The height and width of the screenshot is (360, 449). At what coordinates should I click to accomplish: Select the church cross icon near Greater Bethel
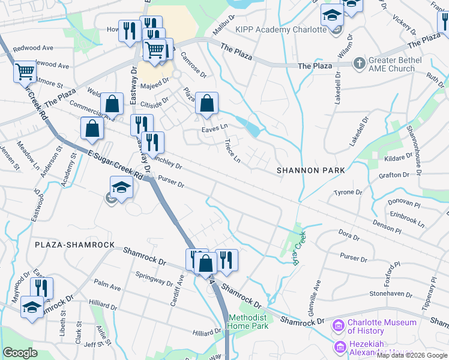359,62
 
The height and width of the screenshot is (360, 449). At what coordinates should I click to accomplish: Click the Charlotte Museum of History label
382,326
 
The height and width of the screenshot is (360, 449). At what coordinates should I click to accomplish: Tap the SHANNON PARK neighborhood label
311,170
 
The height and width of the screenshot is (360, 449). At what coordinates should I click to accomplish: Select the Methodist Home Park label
247,322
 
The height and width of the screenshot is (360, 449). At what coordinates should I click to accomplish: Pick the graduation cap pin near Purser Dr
121,187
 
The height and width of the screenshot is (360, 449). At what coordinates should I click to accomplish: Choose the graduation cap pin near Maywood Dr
31,307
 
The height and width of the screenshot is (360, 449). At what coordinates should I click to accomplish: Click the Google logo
20,353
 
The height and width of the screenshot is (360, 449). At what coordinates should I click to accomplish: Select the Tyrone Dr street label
349,193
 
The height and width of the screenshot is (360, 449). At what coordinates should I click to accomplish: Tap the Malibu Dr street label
224,28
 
